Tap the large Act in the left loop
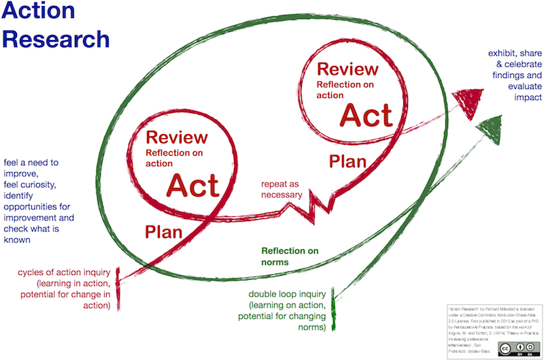point(193,186)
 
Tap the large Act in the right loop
point(367,115)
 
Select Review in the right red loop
point(347,69)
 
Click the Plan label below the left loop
point(165,231)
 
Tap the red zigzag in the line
point(316,206)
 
